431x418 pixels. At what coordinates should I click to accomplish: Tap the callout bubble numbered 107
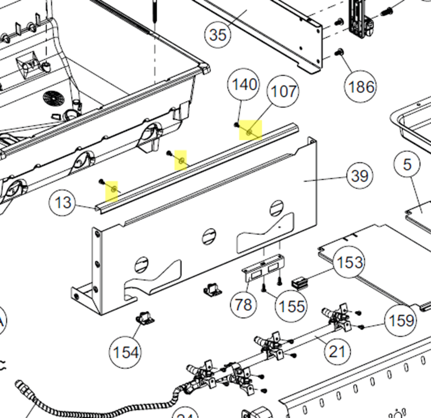[x=283, y=91]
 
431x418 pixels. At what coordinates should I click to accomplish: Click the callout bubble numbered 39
[x=359, y=176]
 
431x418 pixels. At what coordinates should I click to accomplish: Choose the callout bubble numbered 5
[x=407, y=164]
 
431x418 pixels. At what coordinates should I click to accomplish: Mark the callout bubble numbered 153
[x=350, y=262]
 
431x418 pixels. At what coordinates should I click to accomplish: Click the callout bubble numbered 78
[x=243, y=305]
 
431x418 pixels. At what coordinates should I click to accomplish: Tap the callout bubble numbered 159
[x=401, y=320]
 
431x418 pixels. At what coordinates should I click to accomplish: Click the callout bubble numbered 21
[x=337, y=351]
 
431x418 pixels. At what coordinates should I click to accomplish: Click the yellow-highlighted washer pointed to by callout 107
[x=249, y=132]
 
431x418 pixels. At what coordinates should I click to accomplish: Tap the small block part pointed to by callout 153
[x=299, y=284]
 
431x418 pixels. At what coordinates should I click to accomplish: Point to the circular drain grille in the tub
[x=53, y=98]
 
